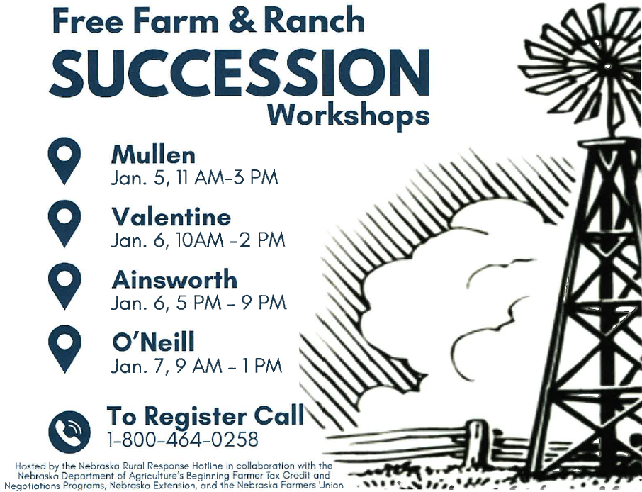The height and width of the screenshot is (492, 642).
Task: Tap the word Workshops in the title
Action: click(x=349, y=115)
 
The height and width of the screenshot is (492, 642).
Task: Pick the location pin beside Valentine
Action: click(x=64, y=223)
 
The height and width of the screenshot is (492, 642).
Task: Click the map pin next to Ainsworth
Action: click(x=64, y=286)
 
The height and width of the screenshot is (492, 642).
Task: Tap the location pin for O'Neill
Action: click(x=64, y=349)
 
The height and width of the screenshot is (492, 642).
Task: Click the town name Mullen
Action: click(x=153, y=155)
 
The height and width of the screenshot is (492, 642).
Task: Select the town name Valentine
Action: click(x=171, y=217)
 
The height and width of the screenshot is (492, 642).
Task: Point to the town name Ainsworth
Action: click(x=174, y=280)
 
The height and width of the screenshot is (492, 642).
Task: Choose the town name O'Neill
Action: click(x=153, y=342)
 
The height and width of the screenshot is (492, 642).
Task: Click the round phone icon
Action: click(x=69, y=431)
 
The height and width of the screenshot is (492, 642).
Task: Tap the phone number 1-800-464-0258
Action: click(x=183, y=440)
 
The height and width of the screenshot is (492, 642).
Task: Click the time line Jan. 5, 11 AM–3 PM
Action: click(x=194, y=178)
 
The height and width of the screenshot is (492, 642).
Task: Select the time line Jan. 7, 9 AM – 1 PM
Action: click(x=196, y=366)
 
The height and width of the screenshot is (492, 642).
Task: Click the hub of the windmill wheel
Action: click(x=607, y=65)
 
